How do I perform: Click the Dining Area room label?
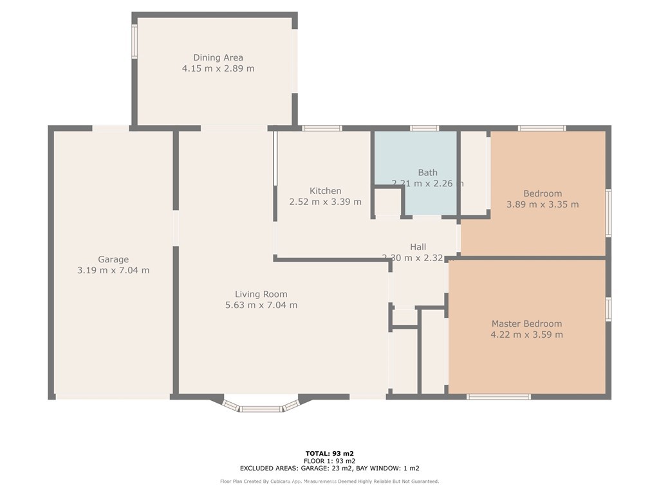point(218,57)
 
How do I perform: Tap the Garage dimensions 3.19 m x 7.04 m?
point(113,270)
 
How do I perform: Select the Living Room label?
point(261,294)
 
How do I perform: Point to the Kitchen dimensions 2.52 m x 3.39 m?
point(325,202)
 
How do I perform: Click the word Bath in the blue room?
point(427,172)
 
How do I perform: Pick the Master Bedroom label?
point(526,324)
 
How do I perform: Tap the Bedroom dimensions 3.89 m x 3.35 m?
point(543,204)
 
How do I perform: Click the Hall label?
point(418,247)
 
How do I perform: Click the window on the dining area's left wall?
point(135,42)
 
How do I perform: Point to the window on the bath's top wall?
point(425,128)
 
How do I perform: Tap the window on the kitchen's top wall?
point(322,128)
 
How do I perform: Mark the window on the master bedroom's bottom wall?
point(499,396)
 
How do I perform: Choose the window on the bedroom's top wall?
point(542,128)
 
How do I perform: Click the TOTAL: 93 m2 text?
point(329,453)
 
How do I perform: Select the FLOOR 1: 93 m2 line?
point(329,461)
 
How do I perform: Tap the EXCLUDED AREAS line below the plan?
point(329,469)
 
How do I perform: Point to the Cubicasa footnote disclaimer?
point(329,481)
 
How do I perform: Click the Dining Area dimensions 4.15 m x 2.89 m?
point(218,68)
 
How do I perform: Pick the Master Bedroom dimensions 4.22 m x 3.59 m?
point(526,335)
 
